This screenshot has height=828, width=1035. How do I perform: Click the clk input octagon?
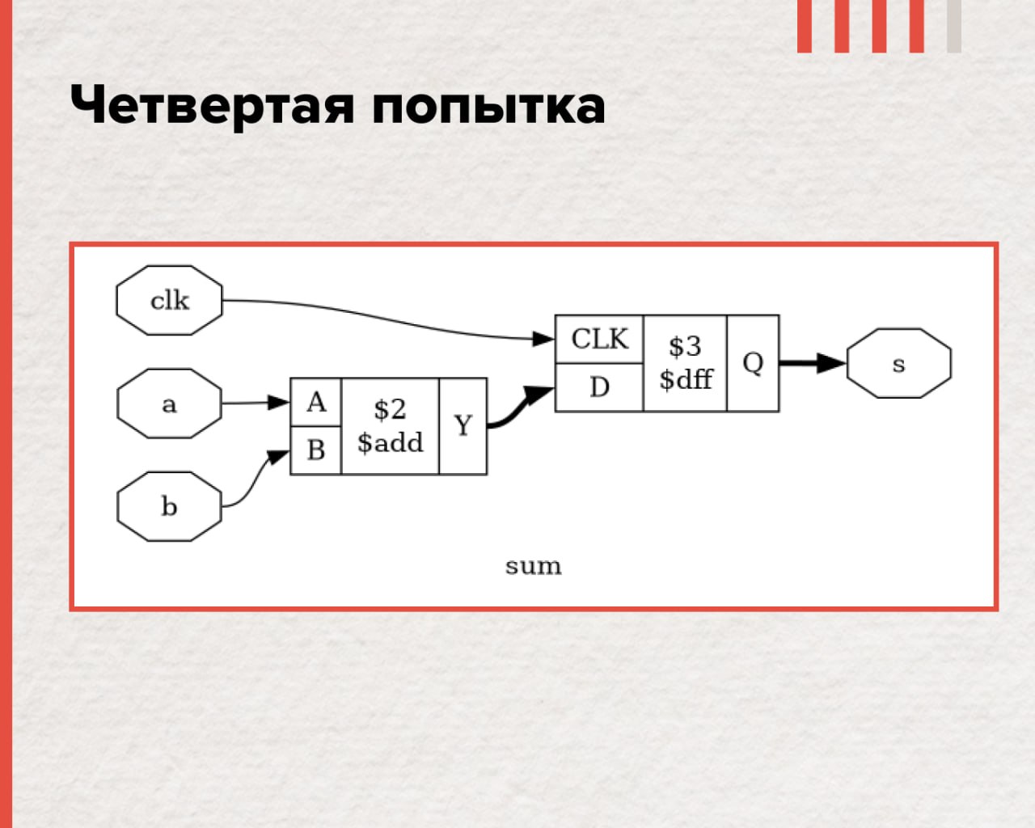point(169,300)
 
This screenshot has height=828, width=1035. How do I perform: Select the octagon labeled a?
point(169,403)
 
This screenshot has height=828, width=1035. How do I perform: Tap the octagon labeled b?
point(169,507)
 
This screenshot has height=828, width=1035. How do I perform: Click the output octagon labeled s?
point(899,363)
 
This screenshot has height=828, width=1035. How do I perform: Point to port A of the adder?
point(316,402)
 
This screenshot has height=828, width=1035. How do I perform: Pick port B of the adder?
point(316,450)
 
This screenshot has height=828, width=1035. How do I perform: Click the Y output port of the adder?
point(463,426)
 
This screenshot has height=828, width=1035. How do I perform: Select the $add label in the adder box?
point(390,442)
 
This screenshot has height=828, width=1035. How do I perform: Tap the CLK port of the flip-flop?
point(599,339)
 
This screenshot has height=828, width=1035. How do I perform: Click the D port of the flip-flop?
point(599,387)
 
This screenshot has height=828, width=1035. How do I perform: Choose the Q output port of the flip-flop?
point(753,363)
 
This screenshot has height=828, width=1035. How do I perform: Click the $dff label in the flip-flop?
point(686,379)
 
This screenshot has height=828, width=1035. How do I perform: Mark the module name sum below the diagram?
point(534,566)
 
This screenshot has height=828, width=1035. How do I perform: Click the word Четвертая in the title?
point(212,105)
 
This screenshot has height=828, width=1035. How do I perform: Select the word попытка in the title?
point(489,106)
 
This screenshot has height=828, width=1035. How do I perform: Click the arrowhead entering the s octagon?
point(831,363)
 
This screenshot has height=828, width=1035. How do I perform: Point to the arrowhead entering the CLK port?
point(543,339)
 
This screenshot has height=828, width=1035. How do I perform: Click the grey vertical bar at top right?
point(954,26)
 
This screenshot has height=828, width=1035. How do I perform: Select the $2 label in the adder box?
point(390,410)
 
